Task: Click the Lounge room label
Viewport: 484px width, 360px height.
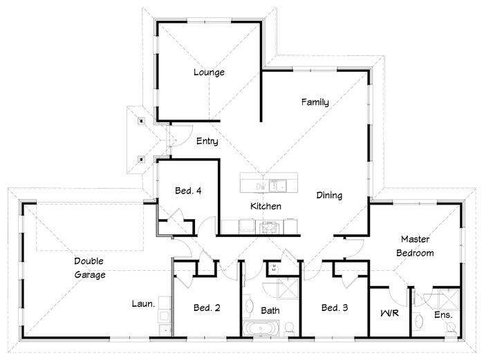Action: [209, 73]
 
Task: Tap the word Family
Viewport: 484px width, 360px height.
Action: [315, 102]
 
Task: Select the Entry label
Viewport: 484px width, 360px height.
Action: [207, 142]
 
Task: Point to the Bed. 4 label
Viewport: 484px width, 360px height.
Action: [187, 191]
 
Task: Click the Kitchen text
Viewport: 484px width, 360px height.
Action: [265, 207]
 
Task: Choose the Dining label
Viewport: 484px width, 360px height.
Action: [329, 196]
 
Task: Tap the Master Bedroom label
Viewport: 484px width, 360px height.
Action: [415, 246]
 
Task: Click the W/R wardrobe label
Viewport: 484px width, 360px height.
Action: [389, 314]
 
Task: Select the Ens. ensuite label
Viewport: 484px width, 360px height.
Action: [443, 315]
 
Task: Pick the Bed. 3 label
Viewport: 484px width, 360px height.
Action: [335, 308]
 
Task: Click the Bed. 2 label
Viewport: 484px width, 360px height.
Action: [207, 308]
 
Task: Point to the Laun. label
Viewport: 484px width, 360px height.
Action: [143, 303]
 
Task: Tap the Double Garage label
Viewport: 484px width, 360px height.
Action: [90, 268]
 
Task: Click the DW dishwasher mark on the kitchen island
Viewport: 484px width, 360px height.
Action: [261, 186]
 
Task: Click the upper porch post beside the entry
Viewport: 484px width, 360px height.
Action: [142, 122]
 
